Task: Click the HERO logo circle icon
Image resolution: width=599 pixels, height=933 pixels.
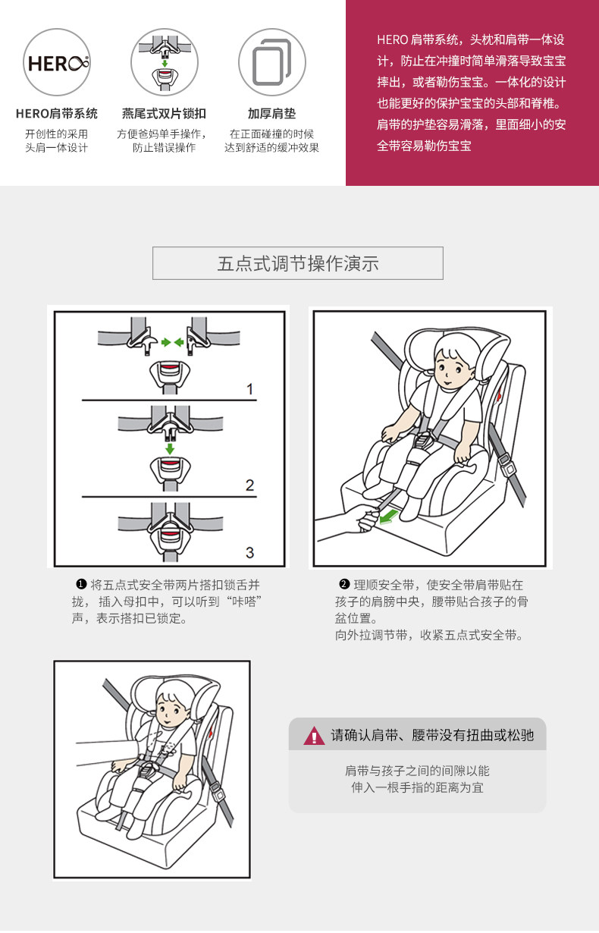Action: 58,62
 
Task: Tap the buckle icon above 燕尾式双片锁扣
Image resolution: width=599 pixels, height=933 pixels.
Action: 165,62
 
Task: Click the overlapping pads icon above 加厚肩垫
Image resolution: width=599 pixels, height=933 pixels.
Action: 271,62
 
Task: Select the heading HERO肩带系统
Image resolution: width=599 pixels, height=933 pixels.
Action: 57,114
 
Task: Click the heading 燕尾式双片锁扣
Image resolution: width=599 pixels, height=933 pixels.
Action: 165,114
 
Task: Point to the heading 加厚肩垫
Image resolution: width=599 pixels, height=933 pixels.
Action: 271,114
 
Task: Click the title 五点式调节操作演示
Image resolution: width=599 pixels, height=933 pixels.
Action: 298,263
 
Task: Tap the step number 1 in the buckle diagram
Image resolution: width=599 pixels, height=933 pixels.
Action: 250,390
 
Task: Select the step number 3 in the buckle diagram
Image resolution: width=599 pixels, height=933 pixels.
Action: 250,551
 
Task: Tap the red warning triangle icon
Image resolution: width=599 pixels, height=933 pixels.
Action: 314,735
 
